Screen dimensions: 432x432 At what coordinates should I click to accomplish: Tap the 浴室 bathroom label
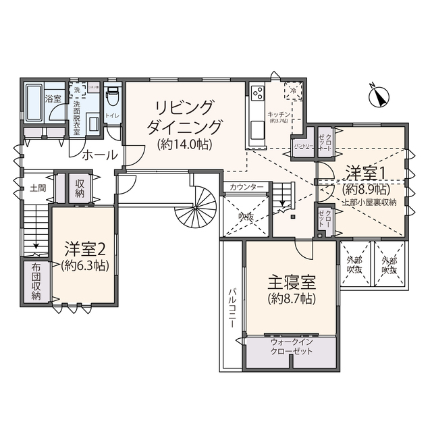click(x=53, y=99)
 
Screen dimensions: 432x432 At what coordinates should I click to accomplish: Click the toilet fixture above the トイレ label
click(x=112, y=98)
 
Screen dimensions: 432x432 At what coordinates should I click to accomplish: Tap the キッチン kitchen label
click(x=279, y=114)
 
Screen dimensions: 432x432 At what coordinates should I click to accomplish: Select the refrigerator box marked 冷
click(x=293, y=90)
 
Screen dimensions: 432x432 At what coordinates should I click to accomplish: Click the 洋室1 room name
click(x=364, y=171)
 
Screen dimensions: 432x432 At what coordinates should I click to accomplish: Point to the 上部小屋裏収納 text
click(x=369, y=201)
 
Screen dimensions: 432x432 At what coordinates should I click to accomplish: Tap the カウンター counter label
click(x=246, y=187)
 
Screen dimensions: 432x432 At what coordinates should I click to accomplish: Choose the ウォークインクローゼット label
click(x=290, y=346)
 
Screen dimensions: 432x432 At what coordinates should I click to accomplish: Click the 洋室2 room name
click(x=84, y=248)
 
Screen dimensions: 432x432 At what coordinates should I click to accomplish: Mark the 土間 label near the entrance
click(x=37, y=188)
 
